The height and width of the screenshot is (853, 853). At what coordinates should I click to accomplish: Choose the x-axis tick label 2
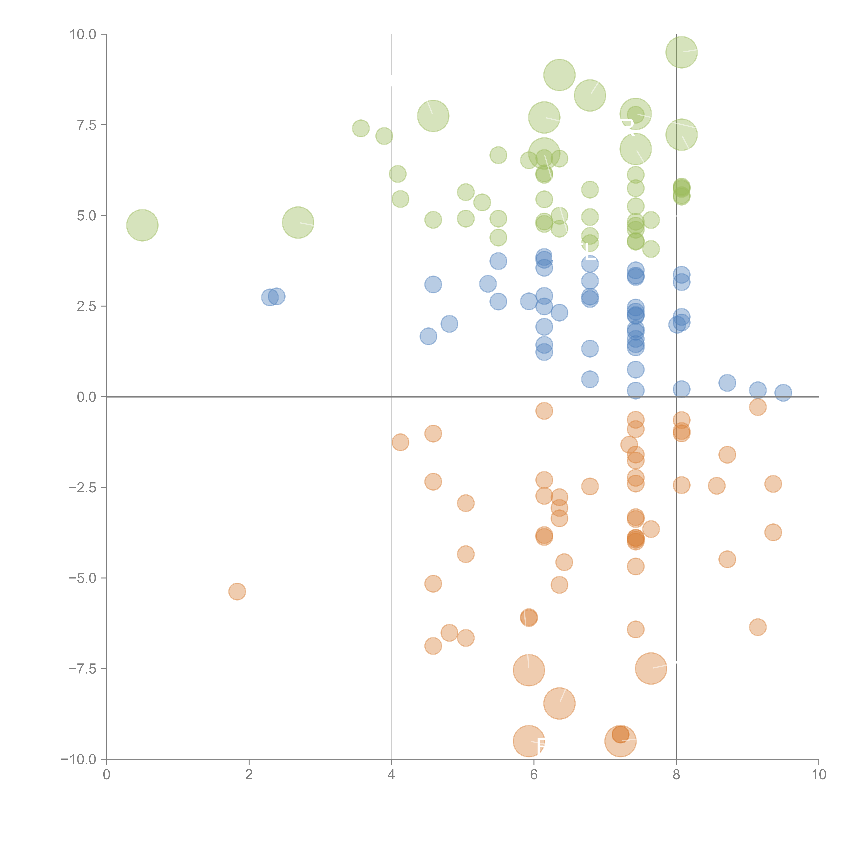(249, 775)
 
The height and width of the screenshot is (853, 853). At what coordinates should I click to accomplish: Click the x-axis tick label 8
(676, 775)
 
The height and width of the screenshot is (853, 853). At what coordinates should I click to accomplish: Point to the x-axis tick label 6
(534, 775)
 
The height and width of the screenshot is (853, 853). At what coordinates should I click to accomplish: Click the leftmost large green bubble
(142, 225)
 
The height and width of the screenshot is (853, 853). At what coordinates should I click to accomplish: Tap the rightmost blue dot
(783, 393)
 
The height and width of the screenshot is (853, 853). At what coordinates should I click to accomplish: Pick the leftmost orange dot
(237, 591)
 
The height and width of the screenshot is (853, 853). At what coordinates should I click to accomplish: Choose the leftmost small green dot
(361, 128)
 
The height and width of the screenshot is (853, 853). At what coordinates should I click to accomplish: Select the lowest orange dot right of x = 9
(758, 627)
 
